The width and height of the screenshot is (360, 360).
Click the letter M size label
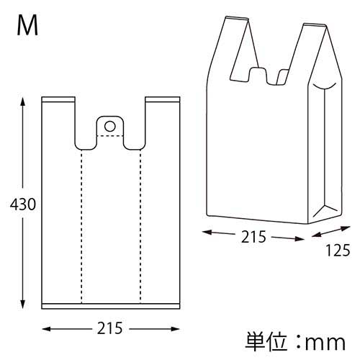coord(28,27)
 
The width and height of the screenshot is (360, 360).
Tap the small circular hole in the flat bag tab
coord(109,127)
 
